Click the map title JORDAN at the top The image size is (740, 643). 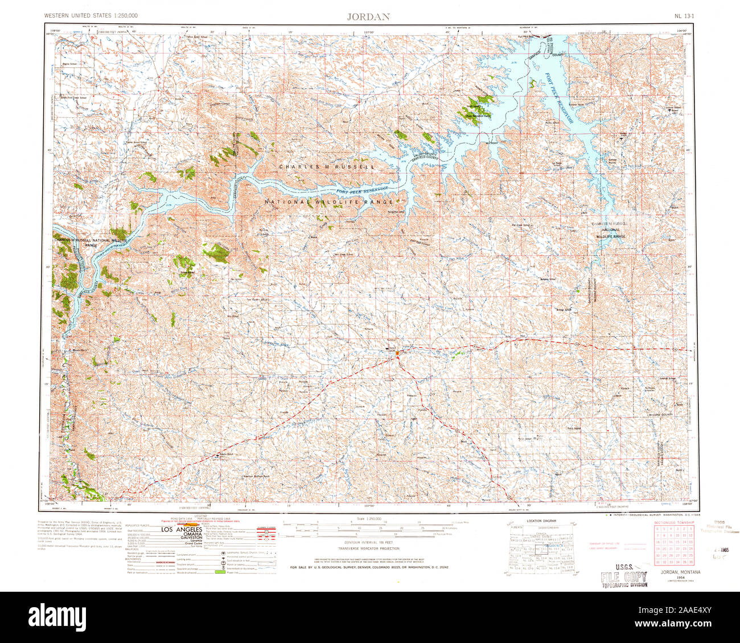pos(368,17)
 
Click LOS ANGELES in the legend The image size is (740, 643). pos(182,529)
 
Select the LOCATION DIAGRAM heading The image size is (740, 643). pos(541,521)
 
